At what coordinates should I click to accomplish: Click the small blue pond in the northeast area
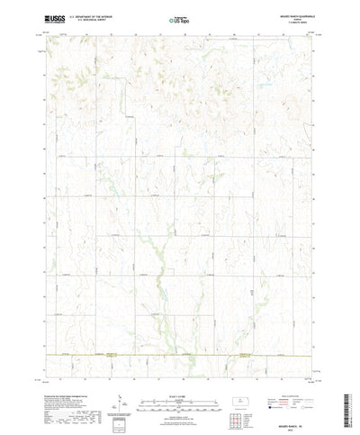267,86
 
